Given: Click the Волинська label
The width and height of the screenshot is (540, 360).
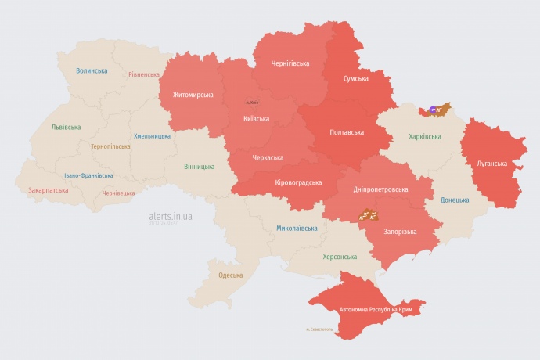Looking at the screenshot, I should coord(92,70).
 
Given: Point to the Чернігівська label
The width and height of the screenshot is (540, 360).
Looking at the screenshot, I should coord(290,63).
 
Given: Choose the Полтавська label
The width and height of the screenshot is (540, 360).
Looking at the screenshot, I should coord(345,131).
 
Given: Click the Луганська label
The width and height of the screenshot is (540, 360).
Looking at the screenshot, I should coord(491,164).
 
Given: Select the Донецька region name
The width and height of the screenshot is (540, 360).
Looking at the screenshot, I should coord(455,200).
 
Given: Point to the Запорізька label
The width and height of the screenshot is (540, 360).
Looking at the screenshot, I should coord(400,232).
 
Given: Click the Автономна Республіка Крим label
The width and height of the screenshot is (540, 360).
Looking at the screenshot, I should coord(376,310).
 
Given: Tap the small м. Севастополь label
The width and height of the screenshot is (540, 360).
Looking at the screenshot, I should coord(319,329).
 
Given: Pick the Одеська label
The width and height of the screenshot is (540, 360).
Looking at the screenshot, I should coord(230,275).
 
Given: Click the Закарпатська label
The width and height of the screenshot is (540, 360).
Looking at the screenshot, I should coord(48,189).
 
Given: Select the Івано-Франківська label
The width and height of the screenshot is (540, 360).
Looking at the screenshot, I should coord(88,175).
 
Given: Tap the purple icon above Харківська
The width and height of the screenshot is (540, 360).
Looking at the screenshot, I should coord(433,110).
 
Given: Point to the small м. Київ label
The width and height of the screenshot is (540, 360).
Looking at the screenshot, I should coord(251,103).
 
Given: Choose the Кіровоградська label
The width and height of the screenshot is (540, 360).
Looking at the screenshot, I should coord(298,182).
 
